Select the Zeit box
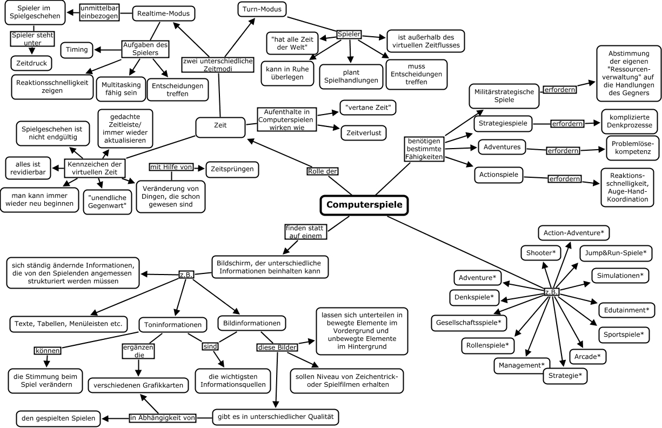[x=220, y=125]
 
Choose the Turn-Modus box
[x=263, y=9]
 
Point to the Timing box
[x=77, y=50]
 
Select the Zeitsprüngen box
[x=232, y=169]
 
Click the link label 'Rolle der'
[x=323, y=171]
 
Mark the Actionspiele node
[x=499, y=175]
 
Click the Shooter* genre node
[x=541, y=252]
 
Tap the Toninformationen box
[x=173, y=325]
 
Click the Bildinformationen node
[x=251, y=324]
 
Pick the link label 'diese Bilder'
[x=277, y=347]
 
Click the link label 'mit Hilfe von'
[x=171, y=168]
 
